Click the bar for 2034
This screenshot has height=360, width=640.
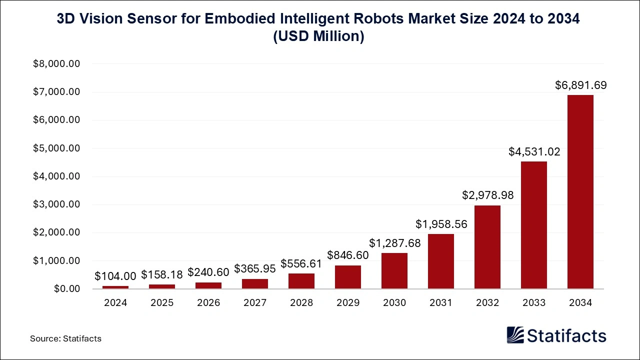click(x=580, y=192)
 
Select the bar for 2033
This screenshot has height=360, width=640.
click(x=533, y=225)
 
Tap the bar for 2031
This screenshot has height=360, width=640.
click(x=441, y=261)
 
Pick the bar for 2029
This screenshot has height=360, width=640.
click(x=348, y=277)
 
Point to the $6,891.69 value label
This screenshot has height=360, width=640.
click(x=580, y=85)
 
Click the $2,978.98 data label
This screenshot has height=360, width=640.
click(x=487, y=195)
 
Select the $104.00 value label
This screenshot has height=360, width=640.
click(x=115, y=276)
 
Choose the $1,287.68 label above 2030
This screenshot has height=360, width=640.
click(x=394, y=243)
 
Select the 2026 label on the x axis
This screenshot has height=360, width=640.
click(x=208, y=303)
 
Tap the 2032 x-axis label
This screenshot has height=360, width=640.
click(x=487, y=303)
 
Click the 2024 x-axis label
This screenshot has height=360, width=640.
click(x=115, y=303)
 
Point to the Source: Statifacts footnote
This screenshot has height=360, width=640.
click(x=65, y=338)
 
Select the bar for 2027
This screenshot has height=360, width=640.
click(x=255, y=283)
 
